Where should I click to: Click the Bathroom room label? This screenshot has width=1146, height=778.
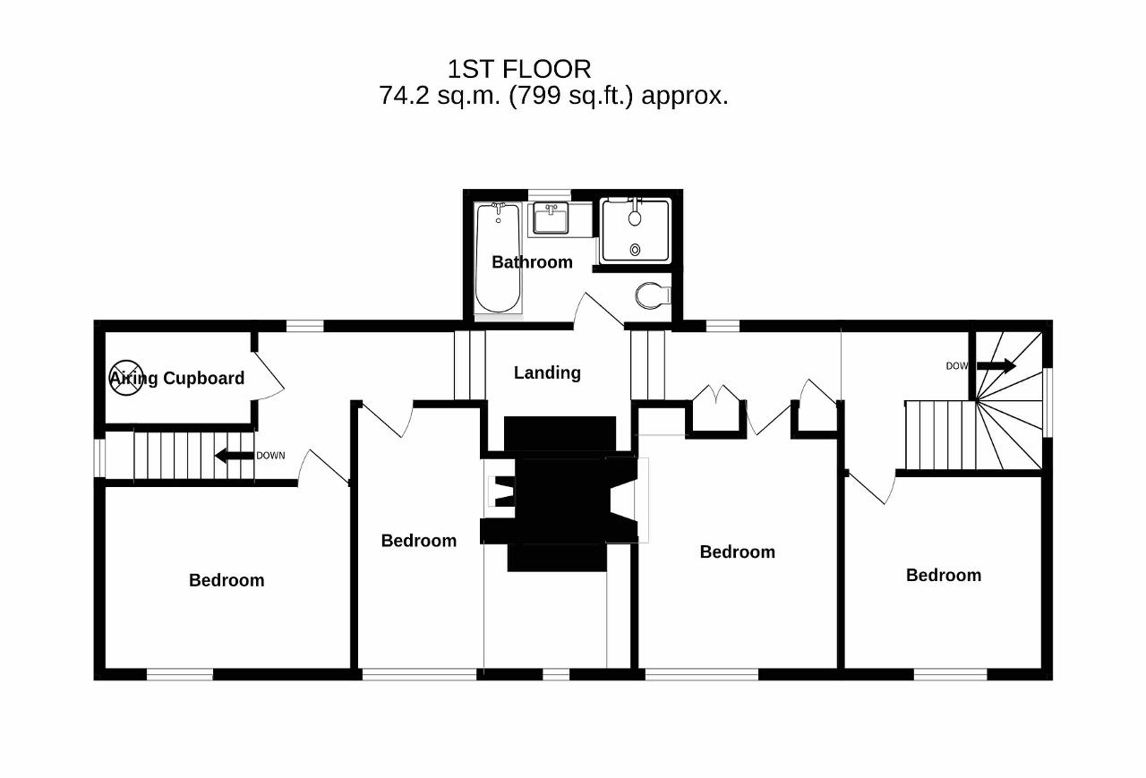pos(532,262)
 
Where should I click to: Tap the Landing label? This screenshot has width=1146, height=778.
pos(547,373)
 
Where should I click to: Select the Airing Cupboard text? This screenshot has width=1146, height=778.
pos(177,379)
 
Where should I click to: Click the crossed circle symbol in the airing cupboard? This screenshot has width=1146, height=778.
pos(126,378)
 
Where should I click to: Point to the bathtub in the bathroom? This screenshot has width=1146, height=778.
pos(499,258)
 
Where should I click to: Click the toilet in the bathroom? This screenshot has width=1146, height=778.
pos(653,295)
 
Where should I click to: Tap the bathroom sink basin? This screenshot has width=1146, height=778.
pos(551,218)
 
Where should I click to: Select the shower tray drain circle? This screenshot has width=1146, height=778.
pos(635,250)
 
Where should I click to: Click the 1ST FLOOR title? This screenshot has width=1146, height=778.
pos(519,69)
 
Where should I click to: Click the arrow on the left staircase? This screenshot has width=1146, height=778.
pos(235,455)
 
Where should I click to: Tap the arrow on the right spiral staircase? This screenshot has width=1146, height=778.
pos(996,366)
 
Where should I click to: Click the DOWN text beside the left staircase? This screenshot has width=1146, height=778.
pos(270,456)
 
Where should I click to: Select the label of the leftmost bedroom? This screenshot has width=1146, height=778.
pos(227,580)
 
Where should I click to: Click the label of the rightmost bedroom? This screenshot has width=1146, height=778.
pos(944,576)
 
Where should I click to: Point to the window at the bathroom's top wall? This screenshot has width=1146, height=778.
pos(550,195)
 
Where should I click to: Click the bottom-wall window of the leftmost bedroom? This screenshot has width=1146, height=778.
pos(180,674)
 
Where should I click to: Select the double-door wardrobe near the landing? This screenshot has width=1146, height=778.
pos(716,409)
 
